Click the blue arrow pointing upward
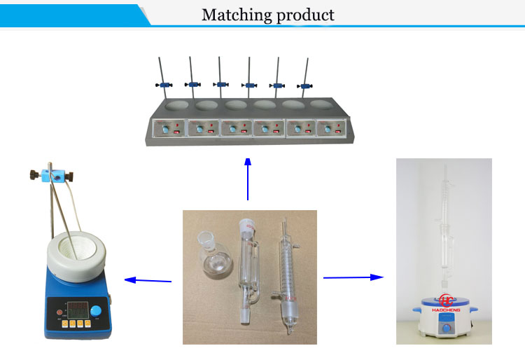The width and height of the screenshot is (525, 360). [x=248, y=179]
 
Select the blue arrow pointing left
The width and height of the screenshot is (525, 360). [x=148, y=281]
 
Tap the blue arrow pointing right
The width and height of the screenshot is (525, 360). [x=353, y=277]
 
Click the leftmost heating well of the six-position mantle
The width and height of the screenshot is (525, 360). [x=176, y=106]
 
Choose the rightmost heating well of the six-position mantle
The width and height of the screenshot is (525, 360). [x=321, y=106]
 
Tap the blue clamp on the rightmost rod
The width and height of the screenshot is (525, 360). [x=306, y=85]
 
